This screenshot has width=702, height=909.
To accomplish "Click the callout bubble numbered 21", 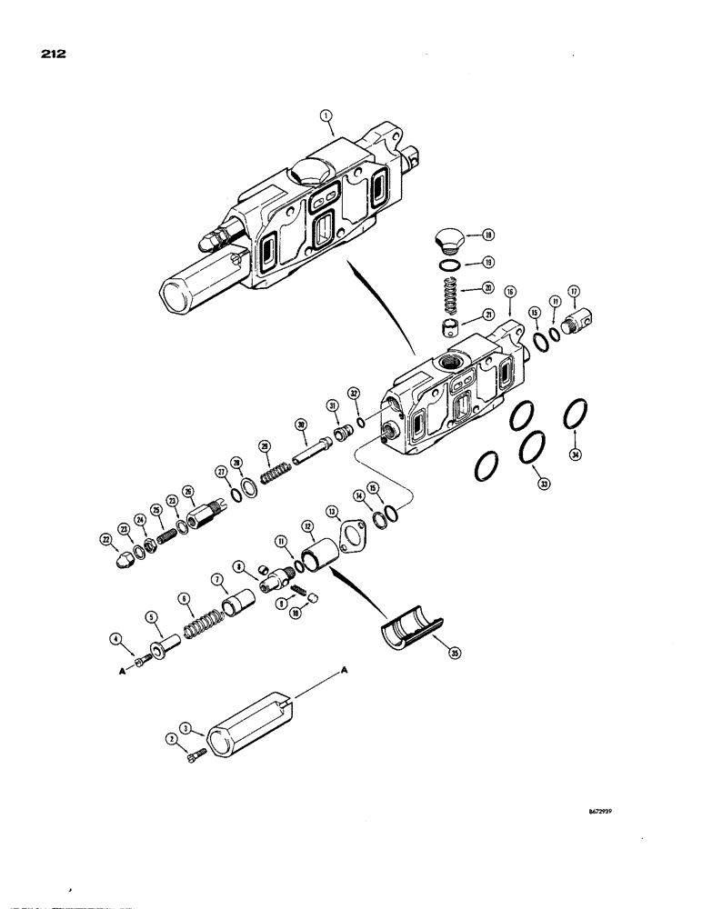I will pyautogui.click(x=489, y=315).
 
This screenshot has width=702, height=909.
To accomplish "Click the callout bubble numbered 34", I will pyautogui.click(x=574, y=454).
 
